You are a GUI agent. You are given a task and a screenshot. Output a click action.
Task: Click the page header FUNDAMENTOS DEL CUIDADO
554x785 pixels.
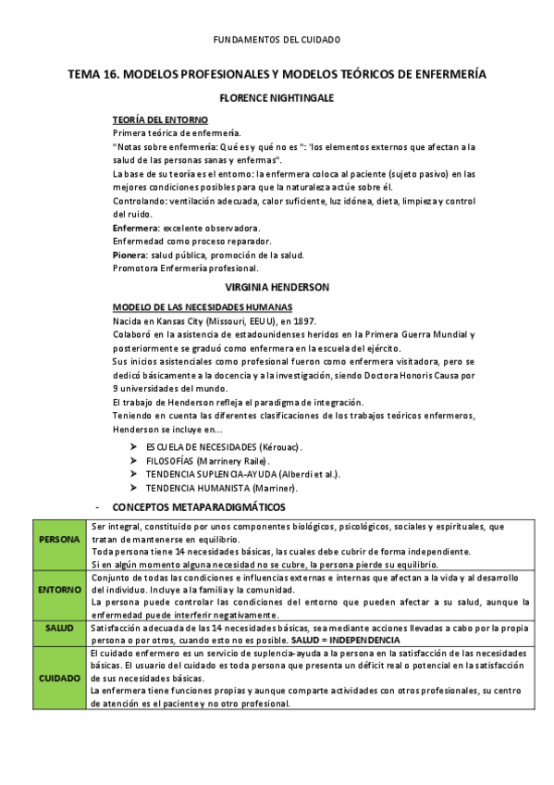coord(277,40)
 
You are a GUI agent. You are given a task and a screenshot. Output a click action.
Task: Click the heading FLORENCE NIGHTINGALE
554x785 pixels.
coord(277,97)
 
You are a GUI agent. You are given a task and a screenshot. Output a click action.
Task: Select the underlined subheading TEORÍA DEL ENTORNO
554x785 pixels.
coord(160,120)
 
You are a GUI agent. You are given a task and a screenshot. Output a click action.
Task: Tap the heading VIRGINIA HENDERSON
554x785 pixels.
coord(277,287)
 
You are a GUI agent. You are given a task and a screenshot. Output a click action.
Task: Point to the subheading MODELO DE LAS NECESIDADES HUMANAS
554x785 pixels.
coord(203,307)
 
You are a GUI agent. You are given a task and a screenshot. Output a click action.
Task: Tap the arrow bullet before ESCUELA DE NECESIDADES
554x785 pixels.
coord(135,446)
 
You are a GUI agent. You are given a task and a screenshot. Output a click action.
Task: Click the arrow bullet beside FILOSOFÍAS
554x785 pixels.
coord(135,460)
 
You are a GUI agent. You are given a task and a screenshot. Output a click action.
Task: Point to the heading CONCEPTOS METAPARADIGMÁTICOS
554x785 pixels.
coord(199,507)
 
